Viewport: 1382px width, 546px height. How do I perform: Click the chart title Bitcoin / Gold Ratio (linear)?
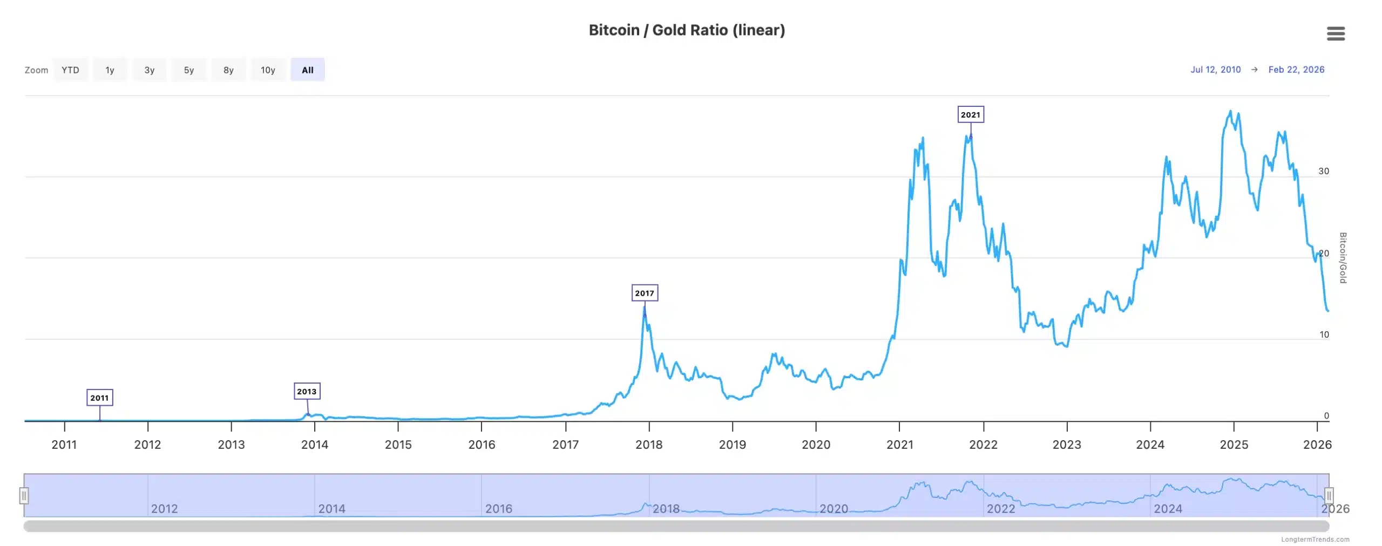[x=687, y=30]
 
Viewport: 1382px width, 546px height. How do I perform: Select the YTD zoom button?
[x=70, y=70]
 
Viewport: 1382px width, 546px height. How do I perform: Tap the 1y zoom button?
[x=110, y=70]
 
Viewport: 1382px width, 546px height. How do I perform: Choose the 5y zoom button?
[x=188, y=70]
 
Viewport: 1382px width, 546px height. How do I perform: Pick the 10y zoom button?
[x=268, y=70]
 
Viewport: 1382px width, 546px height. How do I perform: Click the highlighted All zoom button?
[x=307, y=70]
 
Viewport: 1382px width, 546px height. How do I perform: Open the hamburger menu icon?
[x=1336, y=34]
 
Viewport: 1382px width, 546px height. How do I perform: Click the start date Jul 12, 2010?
[x=1215, y=70]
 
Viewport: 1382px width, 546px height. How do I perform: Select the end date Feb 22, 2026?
[x=1296, y=70]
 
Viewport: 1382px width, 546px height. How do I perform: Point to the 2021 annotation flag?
[x=970, y=114]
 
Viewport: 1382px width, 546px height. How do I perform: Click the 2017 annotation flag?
[x=644, y=293]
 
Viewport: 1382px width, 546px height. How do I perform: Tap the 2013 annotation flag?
[x=307, y=391]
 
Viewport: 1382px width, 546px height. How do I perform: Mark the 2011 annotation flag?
[x=99, y=398]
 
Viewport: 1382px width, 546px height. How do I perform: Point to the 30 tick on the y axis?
[x=1323, y=171]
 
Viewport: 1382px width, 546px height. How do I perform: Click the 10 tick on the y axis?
[x=1324, y=335]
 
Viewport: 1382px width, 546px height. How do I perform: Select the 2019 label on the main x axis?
[x=732, y=445]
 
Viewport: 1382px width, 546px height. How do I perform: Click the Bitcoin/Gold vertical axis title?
[x=1343, y=257]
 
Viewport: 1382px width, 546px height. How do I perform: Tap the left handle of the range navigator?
[x=24, y=495]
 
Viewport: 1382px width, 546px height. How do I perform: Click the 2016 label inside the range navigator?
[x=498, y=509]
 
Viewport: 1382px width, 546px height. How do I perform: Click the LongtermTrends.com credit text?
[x=1315, y=539]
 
